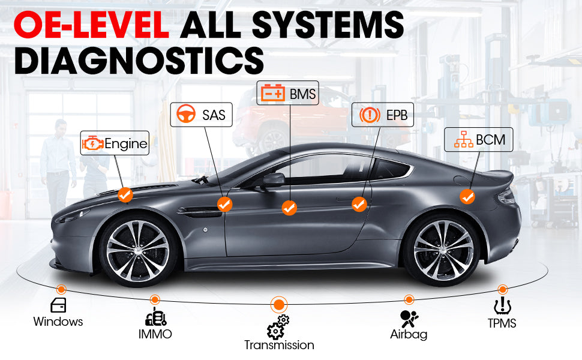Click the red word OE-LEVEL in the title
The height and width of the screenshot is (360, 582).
point(91,25)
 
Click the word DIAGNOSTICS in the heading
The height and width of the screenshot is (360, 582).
point(139,61)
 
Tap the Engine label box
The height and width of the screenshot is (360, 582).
point(115,143)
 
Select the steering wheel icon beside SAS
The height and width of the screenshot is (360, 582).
point(186,114)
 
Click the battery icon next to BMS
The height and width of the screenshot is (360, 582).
point(273,93)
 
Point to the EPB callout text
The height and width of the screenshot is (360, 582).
point(397,115)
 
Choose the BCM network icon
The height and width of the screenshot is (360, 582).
point(464,139)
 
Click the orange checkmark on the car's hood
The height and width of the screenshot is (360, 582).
point(125,194)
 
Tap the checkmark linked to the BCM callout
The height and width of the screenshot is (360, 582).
point(467,196)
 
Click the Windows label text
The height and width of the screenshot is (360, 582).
point(58,322)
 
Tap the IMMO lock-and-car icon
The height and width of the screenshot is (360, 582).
point(155,317)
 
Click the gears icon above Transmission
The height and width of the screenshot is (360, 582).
point(278,327)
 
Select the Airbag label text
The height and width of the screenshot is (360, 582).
point(409,334)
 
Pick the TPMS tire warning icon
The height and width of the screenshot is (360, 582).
point(502,305)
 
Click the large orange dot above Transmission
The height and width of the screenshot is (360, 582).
point(279,305)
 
